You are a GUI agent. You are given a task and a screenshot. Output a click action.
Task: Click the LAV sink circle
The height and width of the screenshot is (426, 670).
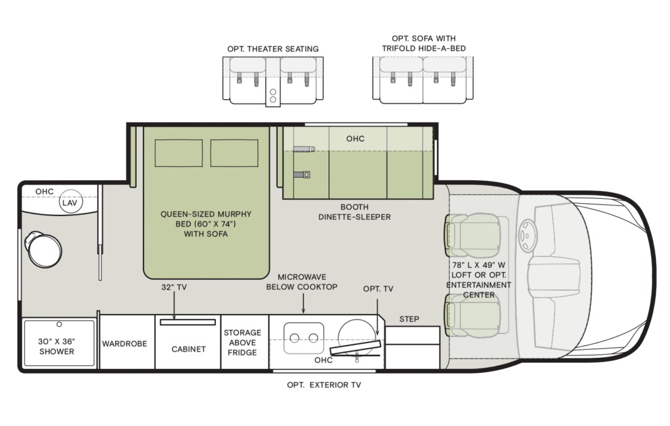70,203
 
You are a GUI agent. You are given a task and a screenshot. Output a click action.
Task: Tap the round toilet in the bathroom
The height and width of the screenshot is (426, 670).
44,249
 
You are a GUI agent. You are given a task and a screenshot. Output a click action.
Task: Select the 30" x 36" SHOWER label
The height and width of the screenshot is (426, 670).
58,346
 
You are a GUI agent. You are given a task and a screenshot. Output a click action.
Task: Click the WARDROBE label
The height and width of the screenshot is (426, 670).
124,344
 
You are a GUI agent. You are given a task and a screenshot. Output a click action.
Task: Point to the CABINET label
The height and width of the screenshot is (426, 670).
188,349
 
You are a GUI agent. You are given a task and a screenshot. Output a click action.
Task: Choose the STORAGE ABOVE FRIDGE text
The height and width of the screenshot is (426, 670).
242,342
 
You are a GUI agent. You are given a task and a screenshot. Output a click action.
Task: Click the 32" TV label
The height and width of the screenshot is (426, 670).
174,287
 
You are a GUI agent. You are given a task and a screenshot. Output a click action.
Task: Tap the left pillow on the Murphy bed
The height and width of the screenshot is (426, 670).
178,153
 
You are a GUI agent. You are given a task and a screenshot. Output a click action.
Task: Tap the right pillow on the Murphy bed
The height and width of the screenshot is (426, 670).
234,153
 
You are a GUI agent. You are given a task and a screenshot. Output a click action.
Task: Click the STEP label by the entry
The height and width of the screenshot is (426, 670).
409,319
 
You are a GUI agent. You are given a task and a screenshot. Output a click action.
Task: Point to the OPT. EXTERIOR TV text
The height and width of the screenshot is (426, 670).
324,385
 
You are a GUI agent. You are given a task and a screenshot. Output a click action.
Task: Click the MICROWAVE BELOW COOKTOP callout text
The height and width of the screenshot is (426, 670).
302,282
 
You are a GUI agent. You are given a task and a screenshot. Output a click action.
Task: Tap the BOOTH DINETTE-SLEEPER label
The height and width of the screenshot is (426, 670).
354,212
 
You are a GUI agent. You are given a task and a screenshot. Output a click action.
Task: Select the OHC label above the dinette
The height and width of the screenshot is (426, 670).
355,139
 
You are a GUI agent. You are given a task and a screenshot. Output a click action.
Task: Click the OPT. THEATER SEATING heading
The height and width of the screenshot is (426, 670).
273,49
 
